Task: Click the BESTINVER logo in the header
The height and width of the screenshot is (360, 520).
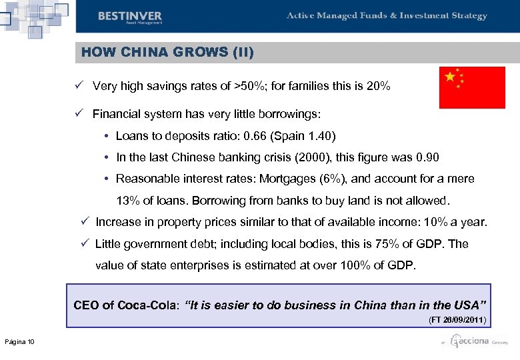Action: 129,17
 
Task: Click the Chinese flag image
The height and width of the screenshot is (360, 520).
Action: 472,87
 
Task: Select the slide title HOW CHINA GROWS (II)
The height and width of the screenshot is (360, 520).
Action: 167,51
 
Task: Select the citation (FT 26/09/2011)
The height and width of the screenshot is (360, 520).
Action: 457,320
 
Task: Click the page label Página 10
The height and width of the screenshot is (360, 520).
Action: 20,342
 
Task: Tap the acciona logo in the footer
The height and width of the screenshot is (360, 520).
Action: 469,342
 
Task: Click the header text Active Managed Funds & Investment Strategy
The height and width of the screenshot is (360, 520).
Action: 387,16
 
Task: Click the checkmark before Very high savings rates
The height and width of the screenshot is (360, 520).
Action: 78,86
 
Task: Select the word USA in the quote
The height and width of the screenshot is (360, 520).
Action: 469,305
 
